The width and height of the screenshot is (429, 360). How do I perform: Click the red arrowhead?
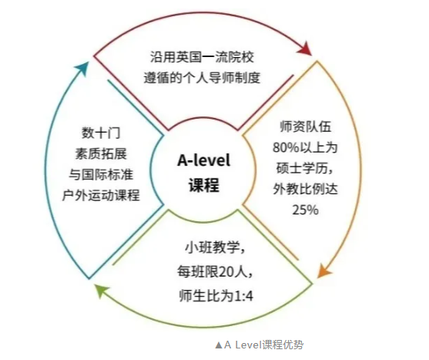(x=305, y=49)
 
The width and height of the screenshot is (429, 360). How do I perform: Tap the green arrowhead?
(x=101, y=290)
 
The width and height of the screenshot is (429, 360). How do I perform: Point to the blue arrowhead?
(x=82, y=69)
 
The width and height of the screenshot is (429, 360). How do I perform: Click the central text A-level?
(x=204, y=160)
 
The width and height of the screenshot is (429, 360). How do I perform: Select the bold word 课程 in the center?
(x=204, y=185)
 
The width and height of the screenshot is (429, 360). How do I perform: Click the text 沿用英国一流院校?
(x=203, y=57)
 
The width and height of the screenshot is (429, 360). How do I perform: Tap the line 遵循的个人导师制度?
(x=203, y=78)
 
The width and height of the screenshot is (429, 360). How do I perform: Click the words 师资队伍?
(x=306, y=126)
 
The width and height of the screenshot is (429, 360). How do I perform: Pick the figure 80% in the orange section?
(x=286, y=148)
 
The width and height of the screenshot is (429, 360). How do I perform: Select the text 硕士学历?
(x=302, y=168)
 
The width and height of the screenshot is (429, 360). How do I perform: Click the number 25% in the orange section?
(x=306, y=210)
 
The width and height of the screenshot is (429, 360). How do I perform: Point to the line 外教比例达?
(x=306, y=189)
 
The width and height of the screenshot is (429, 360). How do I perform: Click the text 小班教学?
(x=211, y=248)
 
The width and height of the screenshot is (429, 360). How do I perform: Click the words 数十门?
(x=101, y=133)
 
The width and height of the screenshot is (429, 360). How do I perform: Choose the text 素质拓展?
(x=101, y=154)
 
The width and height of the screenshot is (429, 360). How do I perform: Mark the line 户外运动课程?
(x=101, y=196)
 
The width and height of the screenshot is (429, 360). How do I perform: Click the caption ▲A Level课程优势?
(x=260, y=345)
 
